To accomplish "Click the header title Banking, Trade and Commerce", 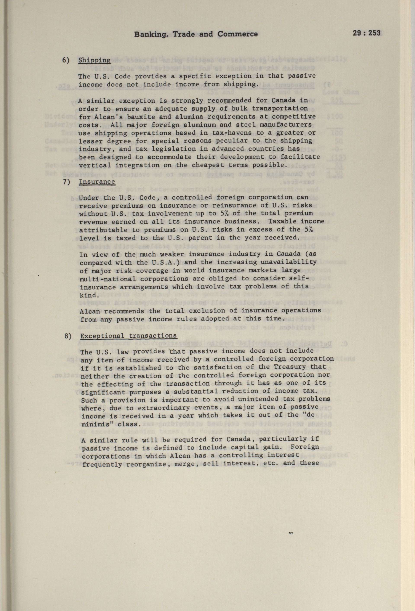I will [x=196, y=34].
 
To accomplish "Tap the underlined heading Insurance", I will [x=97, y=182].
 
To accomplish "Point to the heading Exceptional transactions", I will [x=128, y=336].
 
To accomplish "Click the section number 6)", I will [x=66, y=60].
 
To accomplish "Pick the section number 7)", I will [x=66, y=182].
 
